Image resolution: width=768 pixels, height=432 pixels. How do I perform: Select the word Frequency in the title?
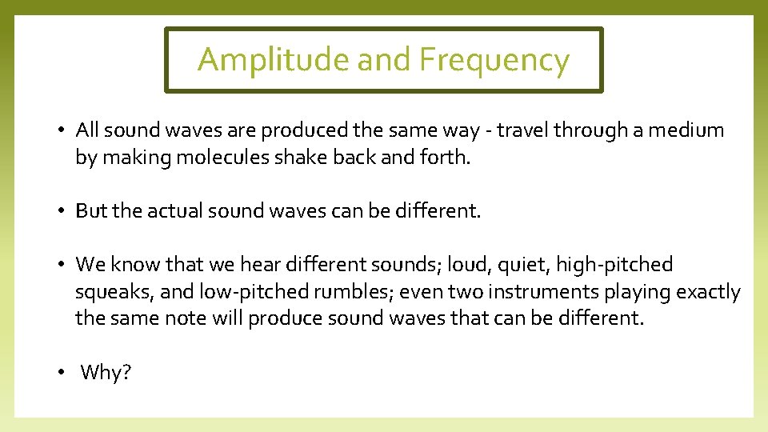coord(494,60)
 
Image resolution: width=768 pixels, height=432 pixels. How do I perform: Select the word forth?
coord(445,158)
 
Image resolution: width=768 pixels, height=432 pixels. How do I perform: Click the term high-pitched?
coord(614,265)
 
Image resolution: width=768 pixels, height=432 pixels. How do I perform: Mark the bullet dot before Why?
coord(62,373)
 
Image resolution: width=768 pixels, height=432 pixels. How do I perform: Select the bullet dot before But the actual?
coord(62,211)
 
